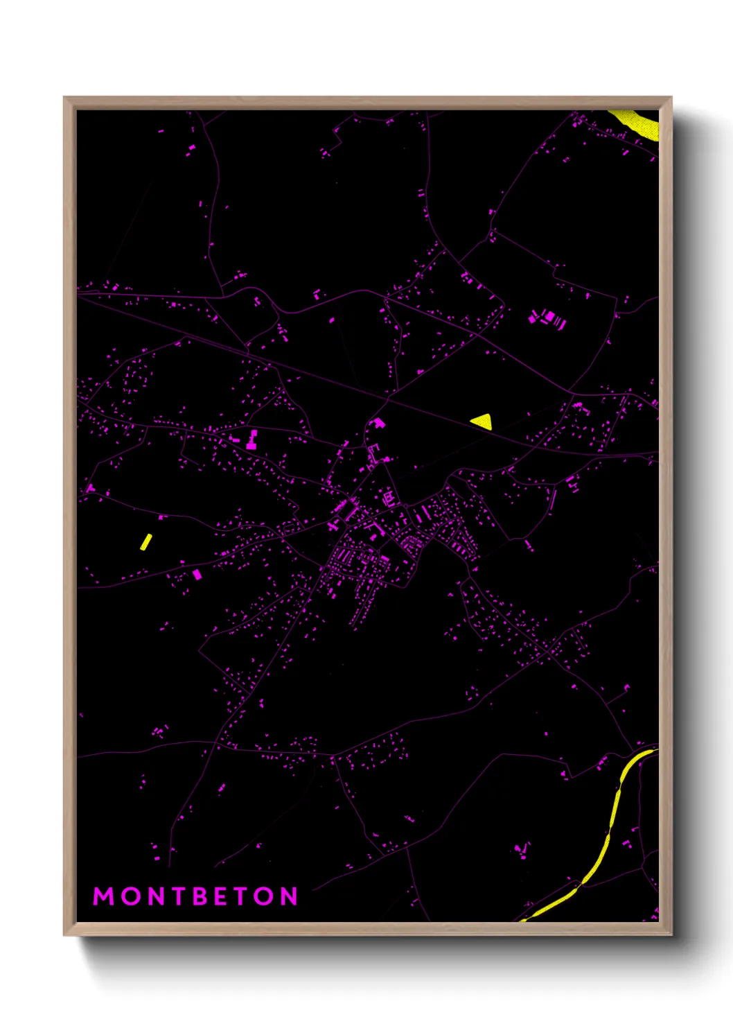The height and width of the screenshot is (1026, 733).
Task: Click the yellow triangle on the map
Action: (482, 421)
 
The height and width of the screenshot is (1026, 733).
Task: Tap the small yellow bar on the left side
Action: (145, 541)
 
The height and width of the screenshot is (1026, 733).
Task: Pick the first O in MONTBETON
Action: (130, 896)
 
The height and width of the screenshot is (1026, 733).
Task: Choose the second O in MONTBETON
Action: (264, 896)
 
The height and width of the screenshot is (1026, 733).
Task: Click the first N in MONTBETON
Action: (154, 896)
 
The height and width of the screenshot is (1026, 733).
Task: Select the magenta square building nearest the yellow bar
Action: (197, 574)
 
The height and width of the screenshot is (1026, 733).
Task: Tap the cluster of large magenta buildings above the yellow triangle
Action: (548, 319)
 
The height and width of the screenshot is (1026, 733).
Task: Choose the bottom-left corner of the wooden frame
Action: (65, 934)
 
